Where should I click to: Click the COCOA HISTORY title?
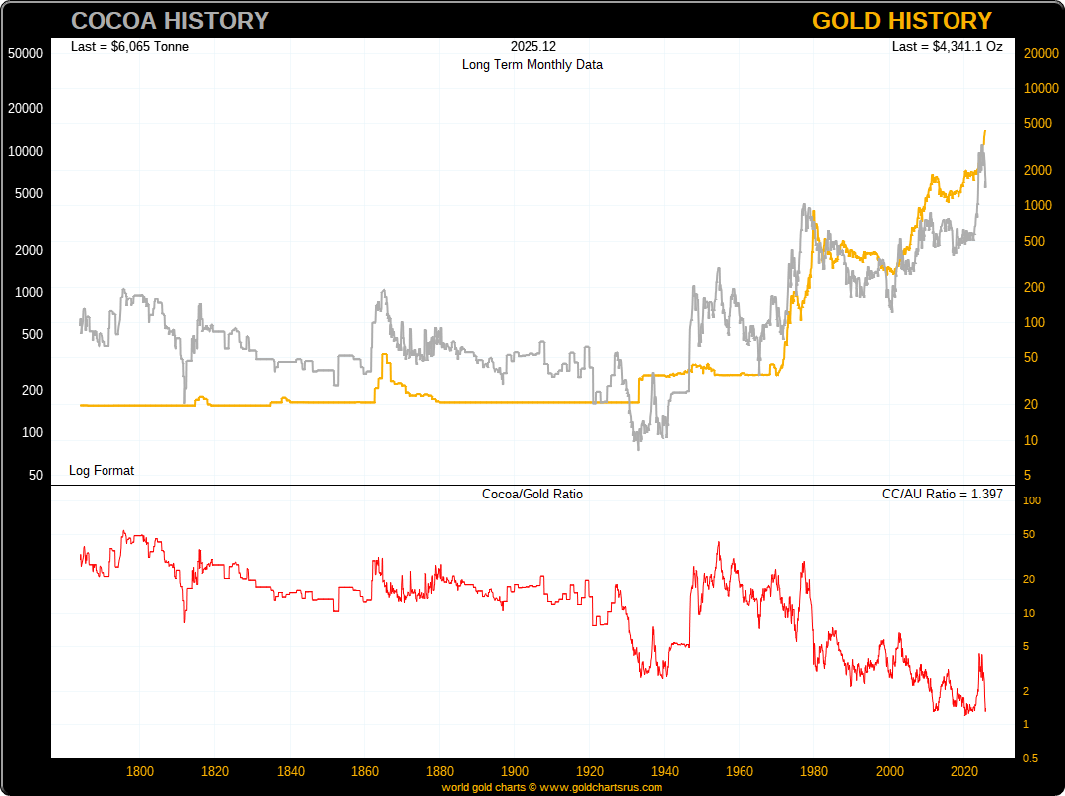tap(170, 21)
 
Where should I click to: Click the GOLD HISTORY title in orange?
tap(902, 21)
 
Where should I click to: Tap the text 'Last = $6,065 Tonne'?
tap(129, 46)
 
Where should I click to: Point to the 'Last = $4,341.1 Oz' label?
tap(947, 46)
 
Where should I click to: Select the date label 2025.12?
tap(532, 46)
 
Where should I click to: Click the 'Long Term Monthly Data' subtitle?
tap(532, 64)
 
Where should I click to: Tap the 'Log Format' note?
tap(102, 470)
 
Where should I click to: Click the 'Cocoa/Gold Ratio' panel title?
tap(532, 494)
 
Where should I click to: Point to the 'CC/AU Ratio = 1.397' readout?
tap(942, 494)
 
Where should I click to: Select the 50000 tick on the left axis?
tap(25, 53)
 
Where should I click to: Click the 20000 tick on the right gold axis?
tap(1040, 53)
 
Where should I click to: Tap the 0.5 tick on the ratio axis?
tap(1032, 758)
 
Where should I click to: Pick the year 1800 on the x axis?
tap(140, 771)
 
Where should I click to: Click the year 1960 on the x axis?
tap(740, 771)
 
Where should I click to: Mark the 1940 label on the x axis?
tap(665, 771)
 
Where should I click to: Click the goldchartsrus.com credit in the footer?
tap(551, 787)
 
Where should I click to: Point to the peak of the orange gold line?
tap(985, 131)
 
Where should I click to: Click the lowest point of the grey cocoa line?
tap(638, 449)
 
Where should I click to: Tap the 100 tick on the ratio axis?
tap(1032, 500)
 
